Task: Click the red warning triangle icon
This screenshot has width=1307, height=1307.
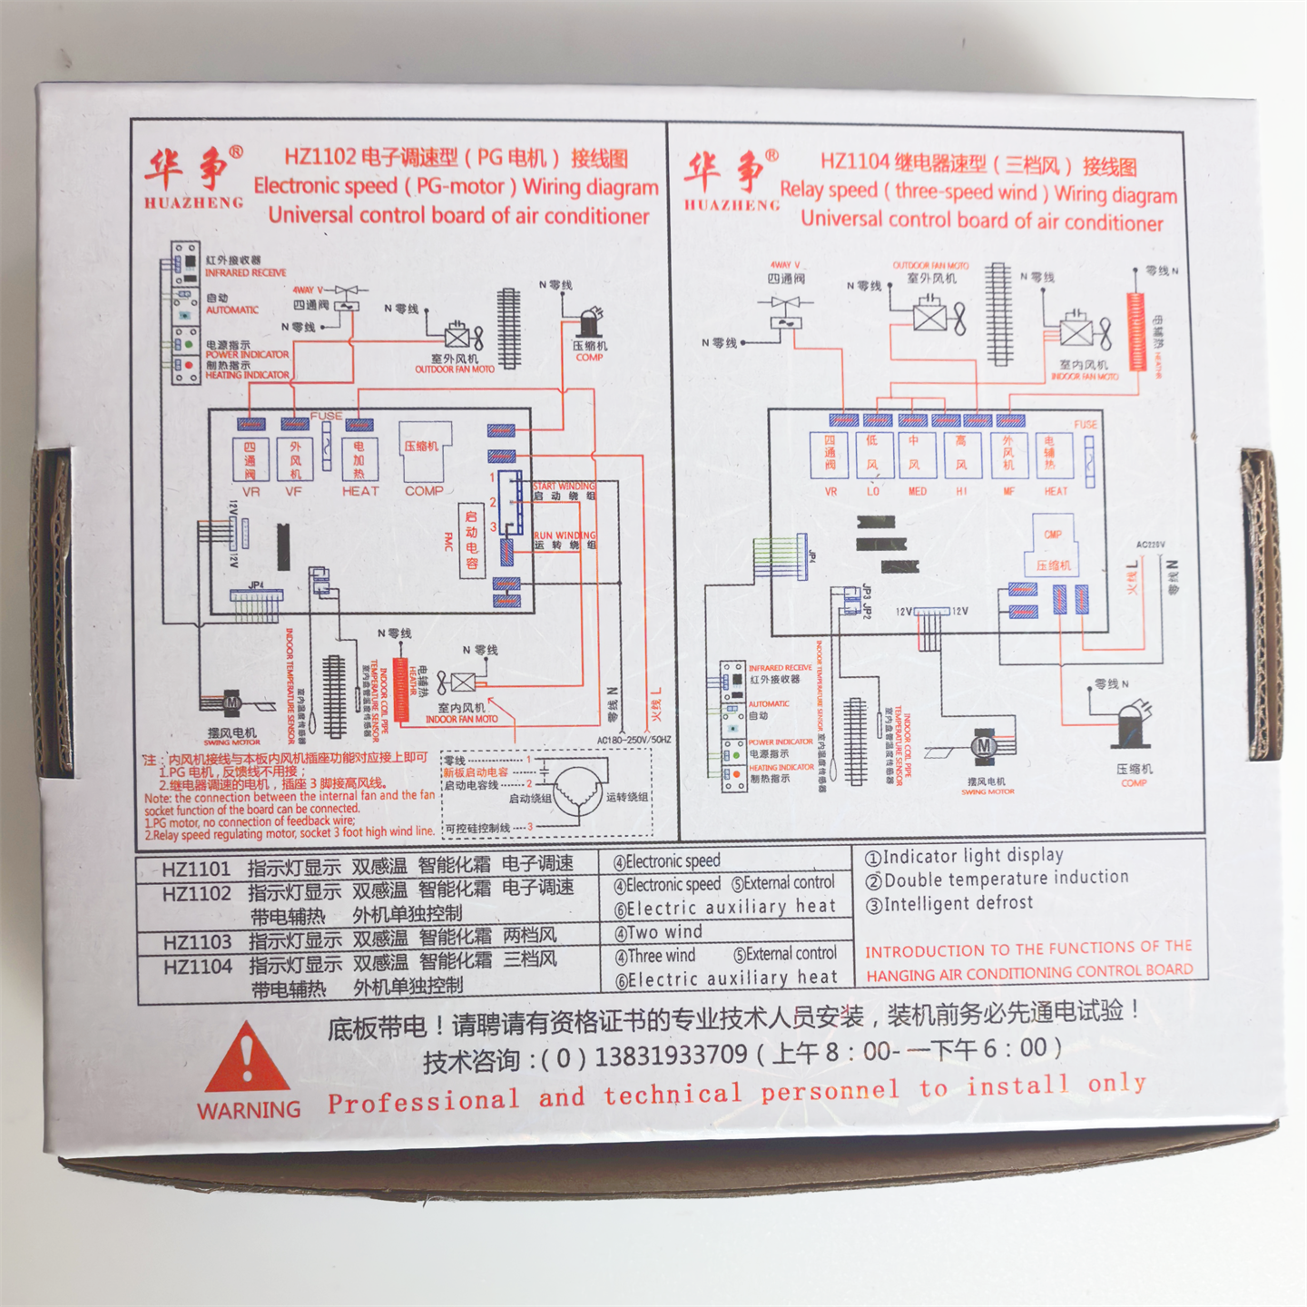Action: coord(247,1059)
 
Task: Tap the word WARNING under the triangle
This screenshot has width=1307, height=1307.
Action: coord(249,1110)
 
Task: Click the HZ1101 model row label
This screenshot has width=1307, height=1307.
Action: coord(196,869)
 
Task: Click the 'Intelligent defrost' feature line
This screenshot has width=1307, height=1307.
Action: coord(949,904)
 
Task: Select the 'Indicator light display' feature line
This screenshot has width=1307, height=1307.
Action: coord(964,856)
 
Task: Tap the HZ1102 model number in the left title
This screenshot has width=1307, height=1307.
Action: coord(319,156)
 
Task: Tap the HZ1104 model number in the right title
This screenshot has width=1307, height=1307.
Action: coord(854,162)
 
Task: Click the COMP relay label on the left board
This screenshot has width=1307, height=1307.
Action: coord(424,491)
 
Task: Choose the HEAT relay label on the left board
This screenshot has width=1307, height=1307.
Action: coord(360,491)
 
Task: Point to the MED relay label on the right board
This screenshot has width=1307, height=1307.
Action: coord(918,491)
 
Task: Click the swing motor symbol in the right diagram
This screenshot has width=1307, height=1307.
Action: coord(984,745)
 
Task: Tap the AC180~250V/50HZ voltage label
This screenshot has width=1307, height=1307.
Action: coord(634,740)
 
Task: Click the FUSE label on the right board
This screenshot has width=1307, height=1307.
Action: coord(1086,424)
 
